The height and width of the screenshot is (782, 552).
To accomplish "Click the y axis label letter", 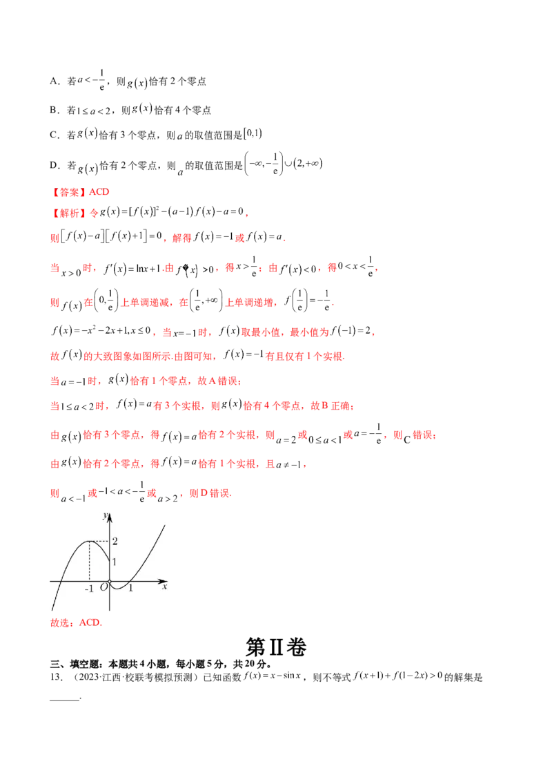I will (x=104, y=515).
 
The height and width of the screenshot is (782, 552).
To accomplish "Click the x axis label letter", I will (x=164, y=588).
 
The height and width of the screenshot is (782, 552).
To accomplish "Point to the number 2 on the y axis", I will (x=115, y=541).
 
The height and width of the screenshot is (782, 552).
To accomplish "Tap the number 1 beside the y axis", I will (x=115, y=562).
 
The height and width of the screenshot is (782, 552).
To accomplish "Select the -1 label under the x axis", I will (x=88, y=589).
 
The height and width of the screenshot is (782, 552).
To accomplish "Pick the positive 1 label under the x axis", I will (x=130, y=589).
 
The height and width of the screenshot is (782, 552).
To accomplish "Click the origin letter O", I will (x=103, y=588).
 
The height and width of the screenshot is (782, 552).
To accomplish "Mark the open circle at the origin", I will (x=109, y=581).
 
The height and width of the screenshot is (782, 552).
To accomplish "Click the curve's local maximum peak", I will (x=89, y=541).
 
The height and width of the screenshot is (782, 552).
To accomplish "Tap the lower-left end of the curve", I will (x=52, y=610).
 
